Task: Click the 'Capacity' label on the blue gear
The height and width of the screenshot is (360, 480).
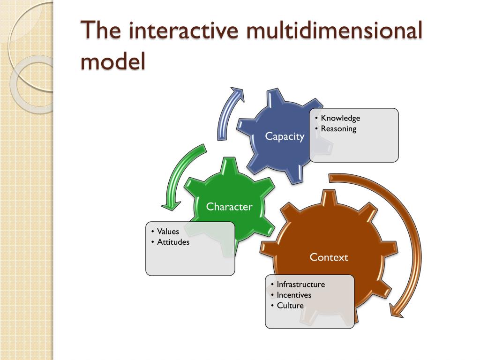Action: [x=285, y=136]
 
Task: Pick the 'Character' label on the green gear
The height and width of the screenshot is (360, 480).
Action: [x=229, y=206]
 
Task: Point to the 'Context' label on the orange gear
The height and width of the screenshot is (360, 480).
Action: [x=329, y=257]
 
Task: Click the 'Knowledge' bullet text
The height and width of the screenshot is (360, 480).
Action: [x=340, y=118]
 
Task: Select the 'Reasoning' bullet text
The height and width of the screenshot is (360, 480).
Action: [x=338, y=128]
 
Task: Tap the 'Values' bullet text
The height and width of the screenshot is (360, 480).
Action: [x=168, y=231]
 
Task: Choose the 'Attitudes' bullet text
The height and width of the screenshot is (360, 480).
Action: [x=173, y=242]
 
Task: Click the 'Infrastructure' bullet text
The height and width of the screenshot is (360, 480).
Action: [x=300, y=284]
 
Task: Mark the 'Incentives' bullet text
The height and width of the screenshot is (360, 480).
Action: [x=294, y=295]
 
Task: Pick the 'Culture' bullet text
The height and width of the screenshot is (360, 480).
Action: [x=290, y=306]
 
